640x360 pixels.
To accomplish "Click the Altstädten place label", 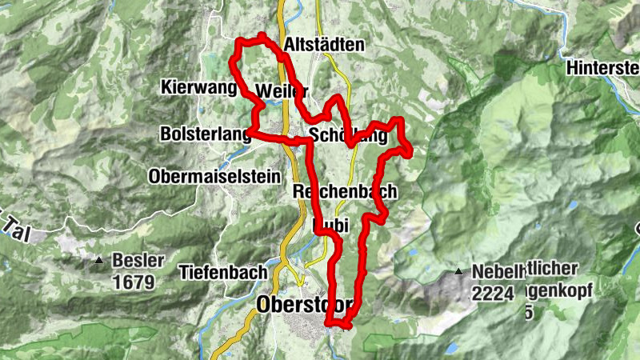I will [324, 46].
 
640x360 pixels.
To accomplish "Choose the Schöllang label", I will [347, 137].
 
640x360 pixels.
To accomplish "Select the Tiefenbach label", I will [223, 272].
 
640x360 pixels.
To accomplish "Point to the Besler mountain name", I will [138, 261].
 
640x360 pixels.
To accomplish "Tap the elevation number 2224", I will [492, 294].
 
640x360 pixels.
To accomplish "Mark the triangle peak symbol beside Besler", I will [98, 260].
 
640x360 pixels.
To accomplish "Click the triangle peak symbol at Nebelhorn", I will [458, 272].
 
